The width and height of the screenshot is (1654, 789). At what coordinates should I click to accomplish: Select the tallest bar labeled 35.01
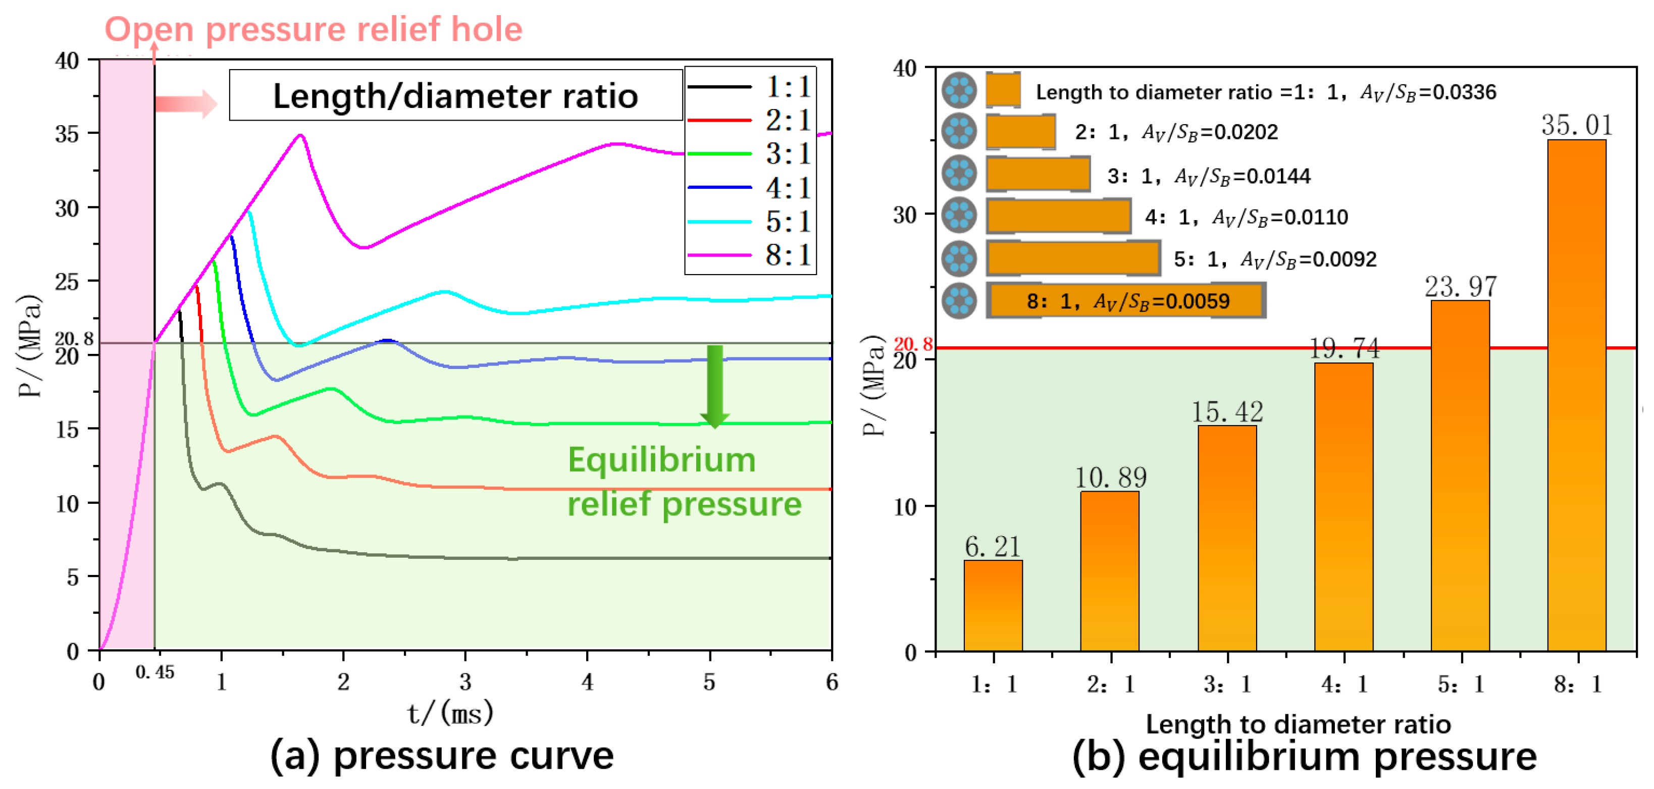1576,395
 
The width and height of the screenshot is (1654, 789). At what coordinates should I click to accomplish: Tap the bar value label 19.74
1344,349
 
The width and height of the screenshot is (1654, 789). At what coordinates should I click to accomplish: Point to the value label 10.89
1111,478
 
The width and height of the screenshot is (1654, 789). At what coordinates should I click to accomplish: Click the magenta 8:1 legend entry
750,255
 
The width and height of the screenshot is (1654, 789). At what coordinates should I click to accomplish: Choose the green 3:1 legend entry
750,154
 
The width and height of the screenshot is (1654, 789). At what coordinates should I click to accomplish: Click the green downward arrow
714,386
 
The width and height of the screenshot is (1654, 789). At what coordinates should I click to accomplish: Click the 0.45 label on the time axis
154,672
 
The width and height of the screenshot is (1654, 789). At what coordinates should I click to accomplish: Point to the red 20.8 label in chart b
912,345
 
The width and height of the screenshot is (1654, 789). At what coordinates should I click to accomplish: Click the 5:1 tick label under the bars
1461,685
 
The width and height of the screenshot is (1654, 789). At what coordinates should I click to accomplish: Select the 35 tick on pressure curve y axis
67,134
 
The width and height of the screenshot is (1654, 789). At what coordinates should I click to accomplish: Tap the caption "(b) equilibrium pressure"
1304,756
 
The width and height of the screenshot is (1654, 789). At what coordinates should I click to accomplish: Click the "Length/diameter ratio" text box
455,95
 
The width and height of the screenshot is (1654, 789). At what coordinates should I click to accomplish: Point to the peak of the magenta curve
300,135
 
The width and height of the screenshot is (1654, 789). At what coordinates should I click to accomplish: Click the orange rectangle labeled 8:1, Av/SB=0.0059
1125,300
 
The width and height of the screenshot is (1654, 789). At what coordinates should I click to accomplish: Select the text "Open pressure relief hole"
314,30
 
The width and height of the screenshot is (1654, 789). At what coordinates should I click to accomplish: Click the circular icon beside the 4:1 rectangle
959,215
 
